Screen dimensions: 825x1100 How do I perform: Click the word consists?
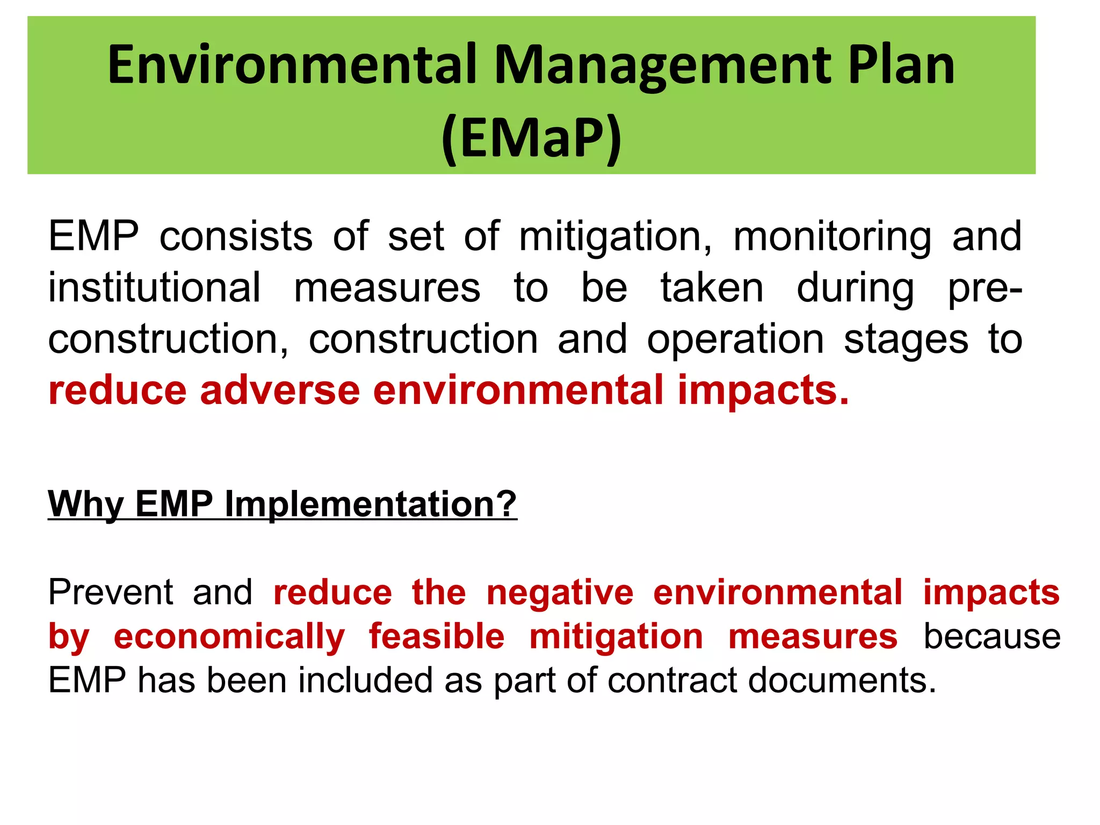click(x=236, y=236)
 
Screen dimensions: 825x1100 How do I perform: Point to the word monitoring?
click(x=832, y=236)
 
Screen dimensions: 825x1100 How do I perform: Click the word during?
click(x=855, y=288)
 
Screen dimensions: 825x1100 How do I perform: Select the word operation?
click(x=735, y=339)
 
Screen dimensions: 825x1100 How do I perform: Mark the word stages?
click(x=906, y=339)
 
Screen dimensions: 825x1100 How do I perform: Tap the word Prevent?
click(x=110, y=592)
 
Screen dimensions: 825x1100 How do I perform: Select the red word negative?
click(x=560, y=592)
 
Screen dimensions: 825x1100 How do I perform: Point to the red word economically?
click(x=229, y=636)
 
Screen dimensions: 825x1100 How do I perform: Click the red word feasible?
click(x=436, y=636)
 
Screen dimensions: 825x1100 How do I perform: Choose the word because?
click(x=992, y=636)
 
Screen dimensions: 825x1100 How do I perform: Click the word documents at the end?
click(x=842, y=681)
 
